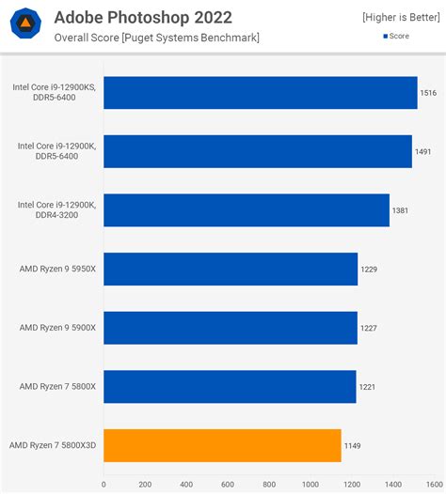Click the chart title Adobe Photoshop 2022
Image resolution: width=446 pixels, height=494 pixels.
tap(143, 17)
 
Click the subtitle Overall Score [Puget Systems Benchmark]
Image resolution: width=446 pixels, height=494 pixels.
tap(156, 38)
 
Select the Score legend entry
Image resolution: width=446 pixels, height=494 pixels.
tap(396, 36)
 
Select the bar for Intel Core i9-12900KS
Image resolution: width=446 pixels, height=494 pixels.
tap(260, 93)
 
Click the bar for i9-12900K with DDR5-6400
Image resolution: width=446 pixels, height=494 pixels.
tap(257, 151)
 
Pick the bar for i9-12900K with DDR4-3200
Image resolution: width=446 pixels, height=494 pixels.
tap(246, 210)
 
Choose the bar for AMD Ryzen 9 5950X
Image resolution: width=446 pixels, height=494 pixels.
tap(230, 269)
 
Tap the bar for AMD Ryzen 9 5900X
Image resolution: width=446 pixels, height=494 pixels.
tap(230, 328)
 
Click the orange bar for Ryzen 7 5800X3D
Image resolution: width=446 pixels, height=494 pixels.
tap(222, 445)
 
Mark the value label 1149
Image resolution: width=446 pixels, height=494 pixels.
tap(354, 446)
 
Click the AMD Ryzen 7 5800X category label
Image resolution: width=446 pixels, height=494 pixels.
tap(57, 386)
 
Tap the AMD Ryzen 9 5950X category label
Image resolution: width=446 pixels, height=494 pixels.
tap(57, 269)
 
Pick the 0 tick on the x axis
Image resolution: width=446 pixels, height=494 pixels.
tap(104, 485)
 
